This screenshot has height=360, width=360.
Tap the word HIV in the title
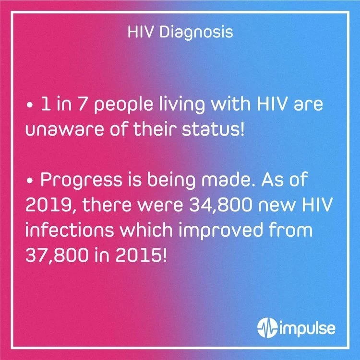click(x=139, y=33)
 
